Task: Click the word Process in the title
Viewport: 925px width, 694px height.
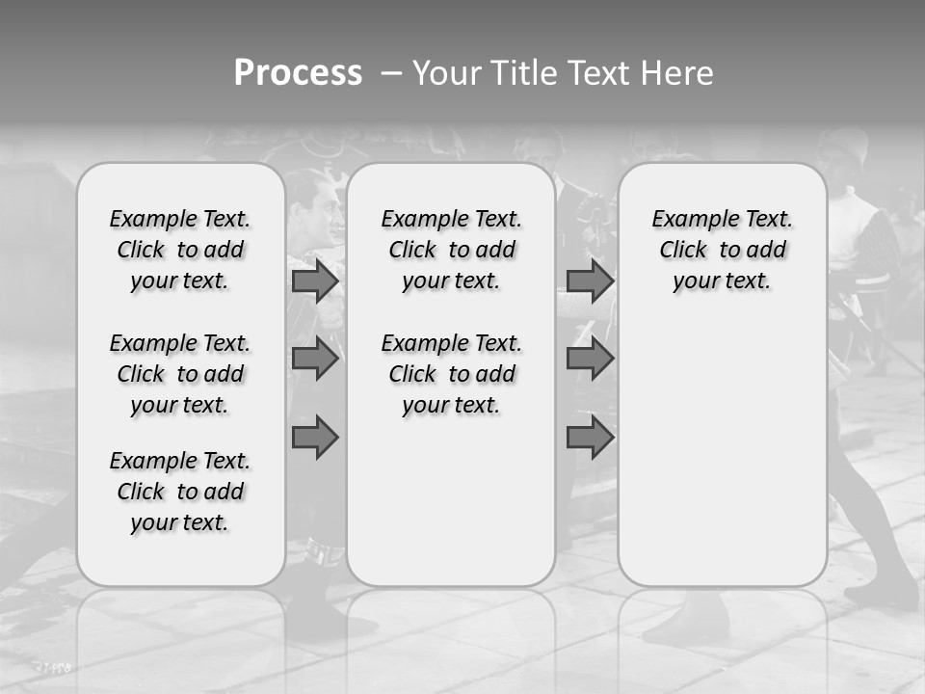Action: click(298, 73)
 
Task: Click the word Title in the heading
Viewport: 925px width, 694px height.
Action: click(520, 73)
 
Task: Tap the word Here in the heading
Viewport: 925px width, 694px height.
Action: click(678, 73)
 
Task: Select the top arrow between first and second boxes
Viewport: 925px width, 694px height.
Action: click(315, 281)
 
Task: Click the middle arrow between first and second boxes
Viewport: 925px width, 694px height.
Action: click(315, 359)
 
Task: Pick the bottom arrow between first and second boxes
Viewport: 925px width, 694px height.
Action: click(315, 438)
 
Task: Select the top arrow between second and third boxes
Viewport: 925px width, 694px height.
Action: click(590, 281)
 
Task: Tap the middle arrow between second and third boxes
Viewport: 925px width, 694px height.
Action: click(590, 359)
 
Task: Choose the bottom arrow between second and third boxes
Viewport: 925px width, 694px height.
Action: click(590, 438)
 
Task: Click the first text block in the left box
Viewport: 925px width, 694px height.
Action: click(180, 250)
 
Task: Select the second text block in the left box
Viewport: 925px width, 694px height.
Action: click(180, 374)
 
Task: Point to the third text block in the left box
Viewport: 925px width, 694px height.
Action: click(180, 492)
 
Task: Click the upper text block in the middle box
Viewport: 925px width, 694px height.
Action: click(451, 250)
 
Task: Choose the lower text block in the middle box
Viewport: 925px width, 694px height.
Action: click(451, 374)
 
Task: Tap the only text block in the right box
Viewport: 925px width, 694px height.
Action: click(722, 250)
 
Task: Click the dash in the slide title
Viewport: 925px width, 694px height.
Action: click(391, 73)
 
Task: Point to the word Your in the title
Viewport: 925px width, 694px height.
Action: click(445, 73)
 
